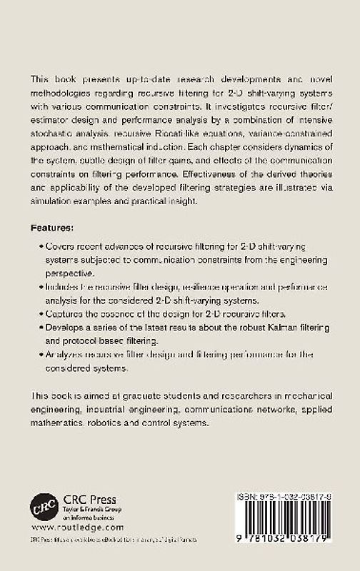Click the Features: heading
[53, 228]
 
